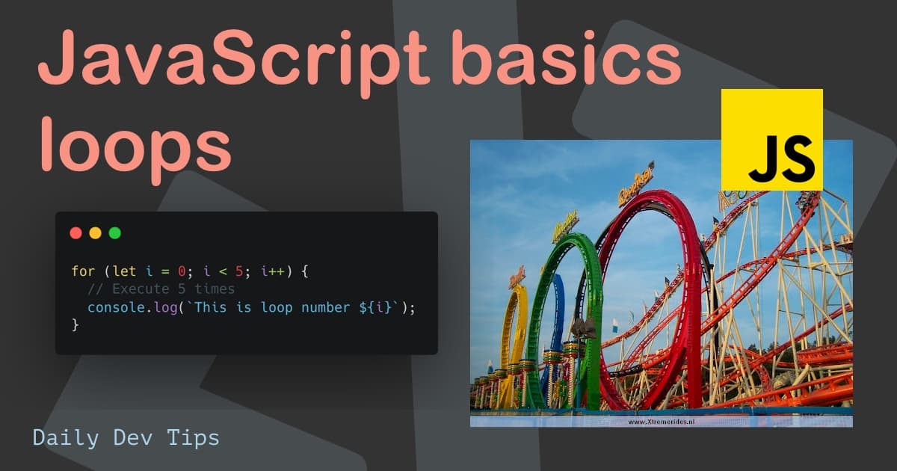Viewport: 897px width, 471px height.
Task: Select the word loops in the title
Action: click(x=135, y=147)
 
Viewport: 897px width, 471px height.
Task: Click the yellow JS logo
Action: click(x=771, y=140)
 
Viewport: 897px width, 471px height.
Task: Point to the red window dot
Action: click(x=75, y=233)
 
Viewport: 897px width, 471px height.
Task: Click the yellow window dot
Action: click(x=95, y=233)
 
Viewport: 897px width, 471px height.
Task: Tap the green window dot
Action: click(x=114, y=233)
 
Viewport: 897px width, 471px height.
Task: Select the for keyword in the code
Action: click(x=83, y=271)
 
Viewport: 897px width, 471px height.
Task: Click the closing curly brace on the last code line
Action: click(x=75, y=324)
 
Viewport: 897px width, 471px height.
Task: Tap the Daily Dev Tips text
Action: click(x=126, y=437)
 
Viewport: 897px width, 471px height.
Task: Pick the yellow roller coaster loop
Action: click(x=511, y=329)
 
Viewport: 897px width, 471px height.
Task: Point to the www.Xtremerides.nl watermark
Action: click(x=661, y=422)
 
